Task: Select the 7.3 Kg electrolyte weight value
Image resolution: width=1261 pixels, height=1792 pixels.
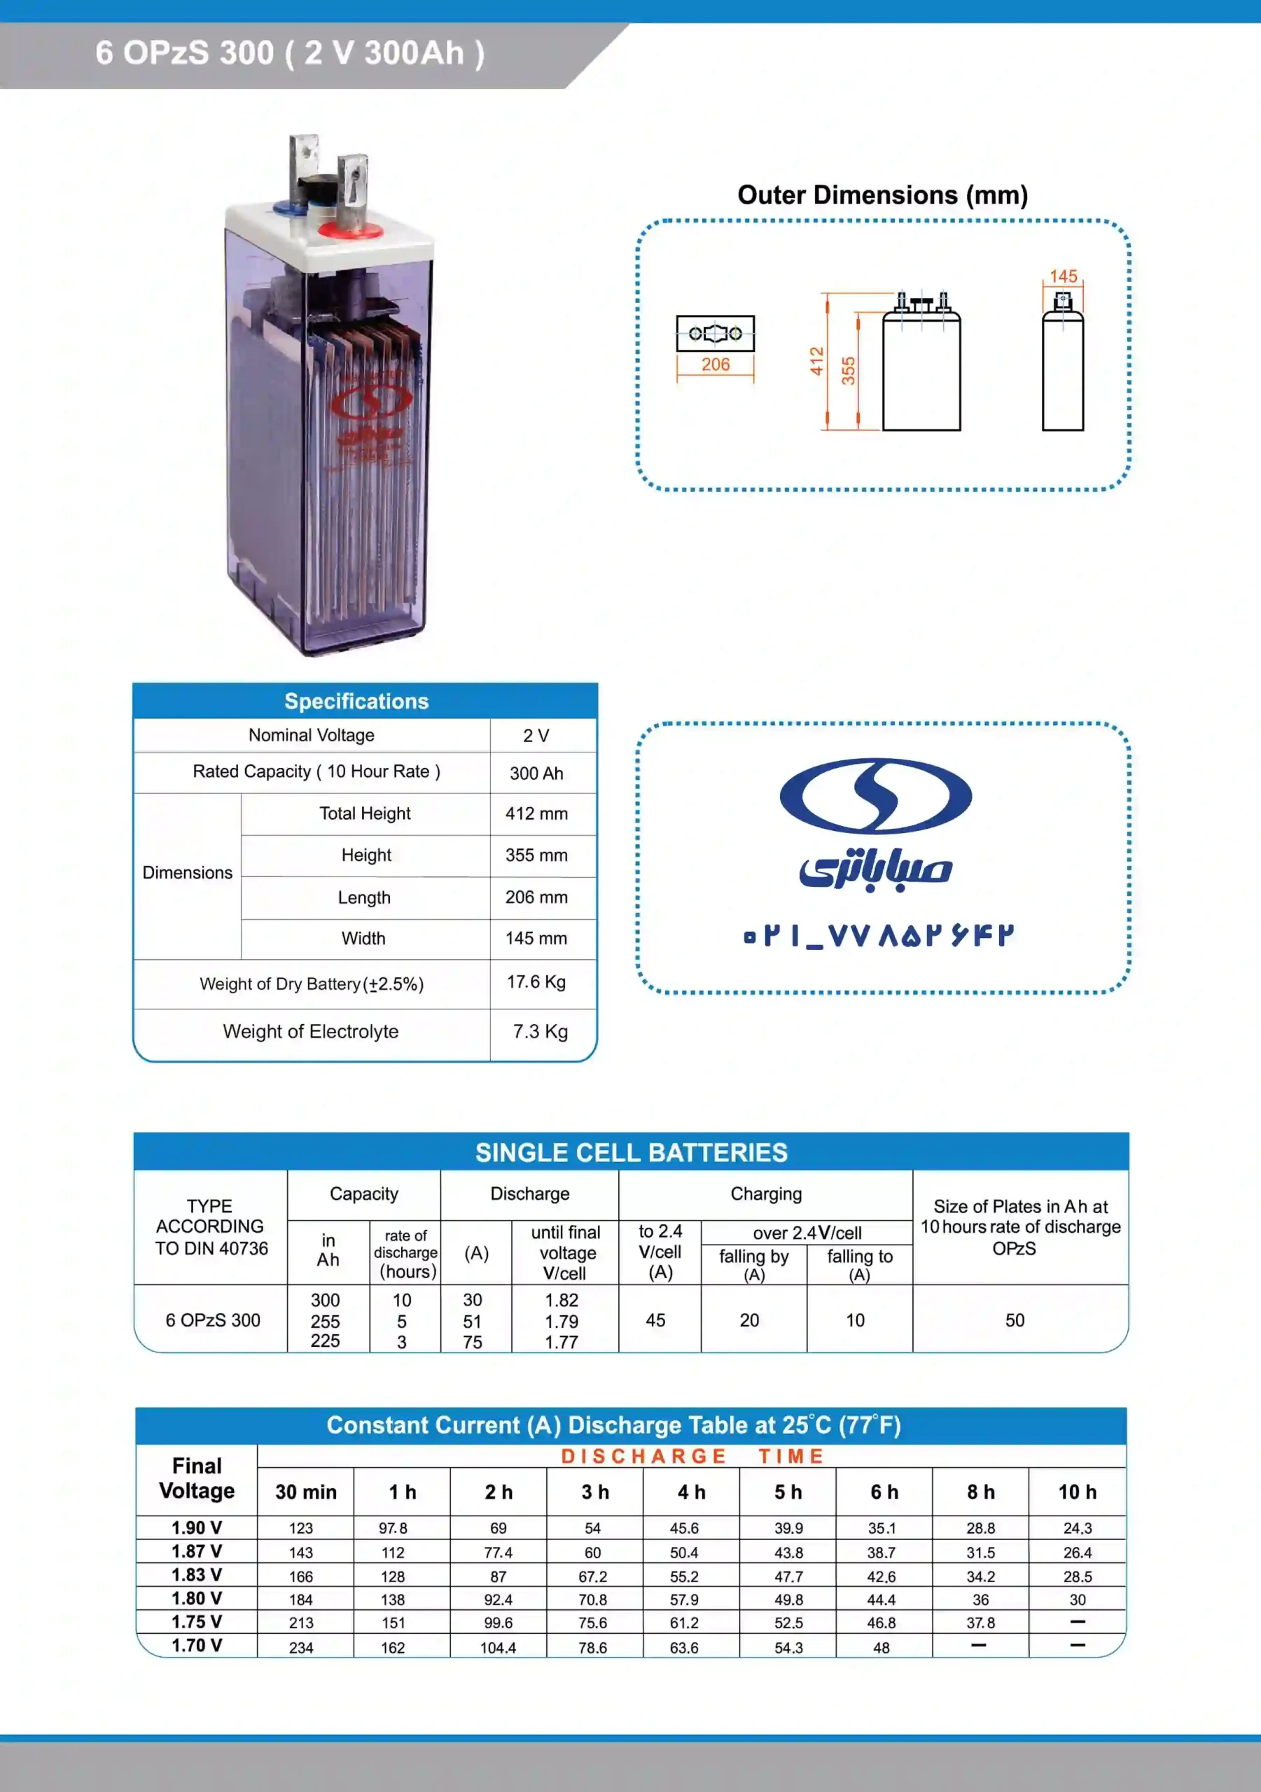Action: coord(540,1031)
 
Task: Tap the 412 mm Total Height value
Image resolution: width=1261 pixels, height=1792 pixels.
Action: coord(536,813)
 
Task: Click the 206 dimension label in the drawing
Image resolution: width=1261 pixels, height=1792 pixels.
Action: coord(715,365)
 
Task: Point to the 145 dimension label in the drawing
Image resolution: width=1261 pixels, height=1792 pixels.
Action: coord(1063,276)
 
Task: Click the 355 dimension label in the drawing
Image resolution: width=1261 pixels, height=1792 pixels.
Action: coord(848,370)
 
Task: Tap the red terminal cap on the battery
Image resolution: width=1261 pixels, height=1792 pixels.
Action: coord(350,230)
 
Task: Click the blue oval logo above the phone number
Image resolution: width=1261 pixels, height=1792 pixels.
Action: coord(875,795)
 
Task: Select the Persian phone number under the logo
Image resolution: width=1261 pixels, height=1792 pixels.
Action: coord(879,935)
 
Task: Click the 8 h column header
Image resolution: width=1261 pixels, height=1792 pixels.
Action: coord(980,1492)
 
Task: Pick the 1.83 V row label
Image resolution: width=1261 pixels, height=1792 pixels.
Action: coord(197,1574)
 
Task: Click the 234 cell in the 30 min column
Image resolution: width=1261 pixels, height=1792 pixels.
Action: coord(300,1647)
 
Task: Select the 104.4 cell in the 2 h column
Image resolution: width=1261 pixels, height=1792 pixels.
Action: coord(497,1647)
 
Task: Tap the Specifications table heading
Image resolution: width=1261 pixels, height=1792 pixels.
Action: coord(356,701)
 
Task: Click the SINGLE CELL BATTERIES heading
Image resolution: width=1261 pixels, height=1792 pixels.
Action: coord(631,1152)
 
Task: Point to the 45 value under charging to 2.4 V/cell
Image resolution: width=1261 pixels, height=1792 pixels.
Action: coord(655,1319)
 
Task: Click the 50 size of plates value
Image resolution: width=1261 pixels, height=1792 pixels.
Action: coord(1015,1319)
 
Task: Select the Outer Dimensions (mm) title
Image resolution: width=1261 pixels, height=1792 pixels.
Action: coord(882,195)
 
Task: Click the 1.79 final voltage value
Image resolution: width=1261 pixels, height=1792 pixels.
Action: coord(562,1322)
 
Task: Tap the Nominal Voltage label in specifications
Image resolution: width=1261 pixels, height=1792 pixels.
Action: coord(311,735)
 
